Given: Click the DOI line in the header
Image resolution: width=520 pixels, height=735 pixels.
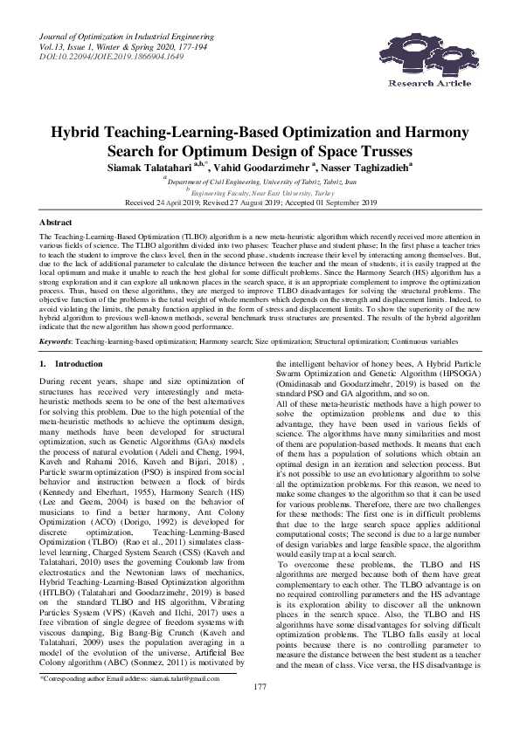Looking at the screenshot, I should pyautogui.click(x=94, y=57).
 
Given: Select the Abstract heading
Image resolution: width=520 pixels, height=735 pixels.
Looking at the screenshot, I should pyautogui.click(x=56, y=223).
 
